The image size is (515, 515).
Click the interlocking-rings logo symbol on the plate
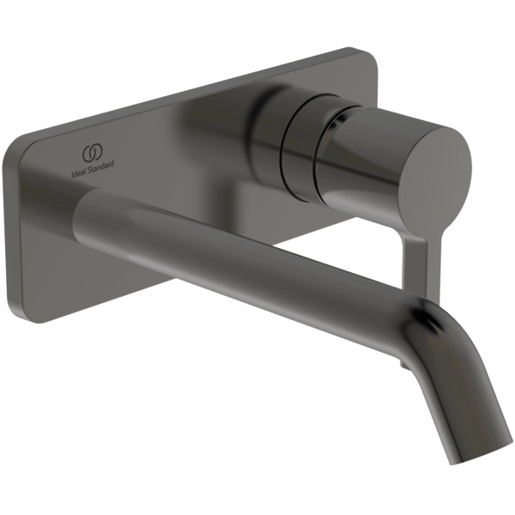[x=93, y=153]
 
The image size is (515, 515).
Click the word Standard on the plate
[x=100, y=165]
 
